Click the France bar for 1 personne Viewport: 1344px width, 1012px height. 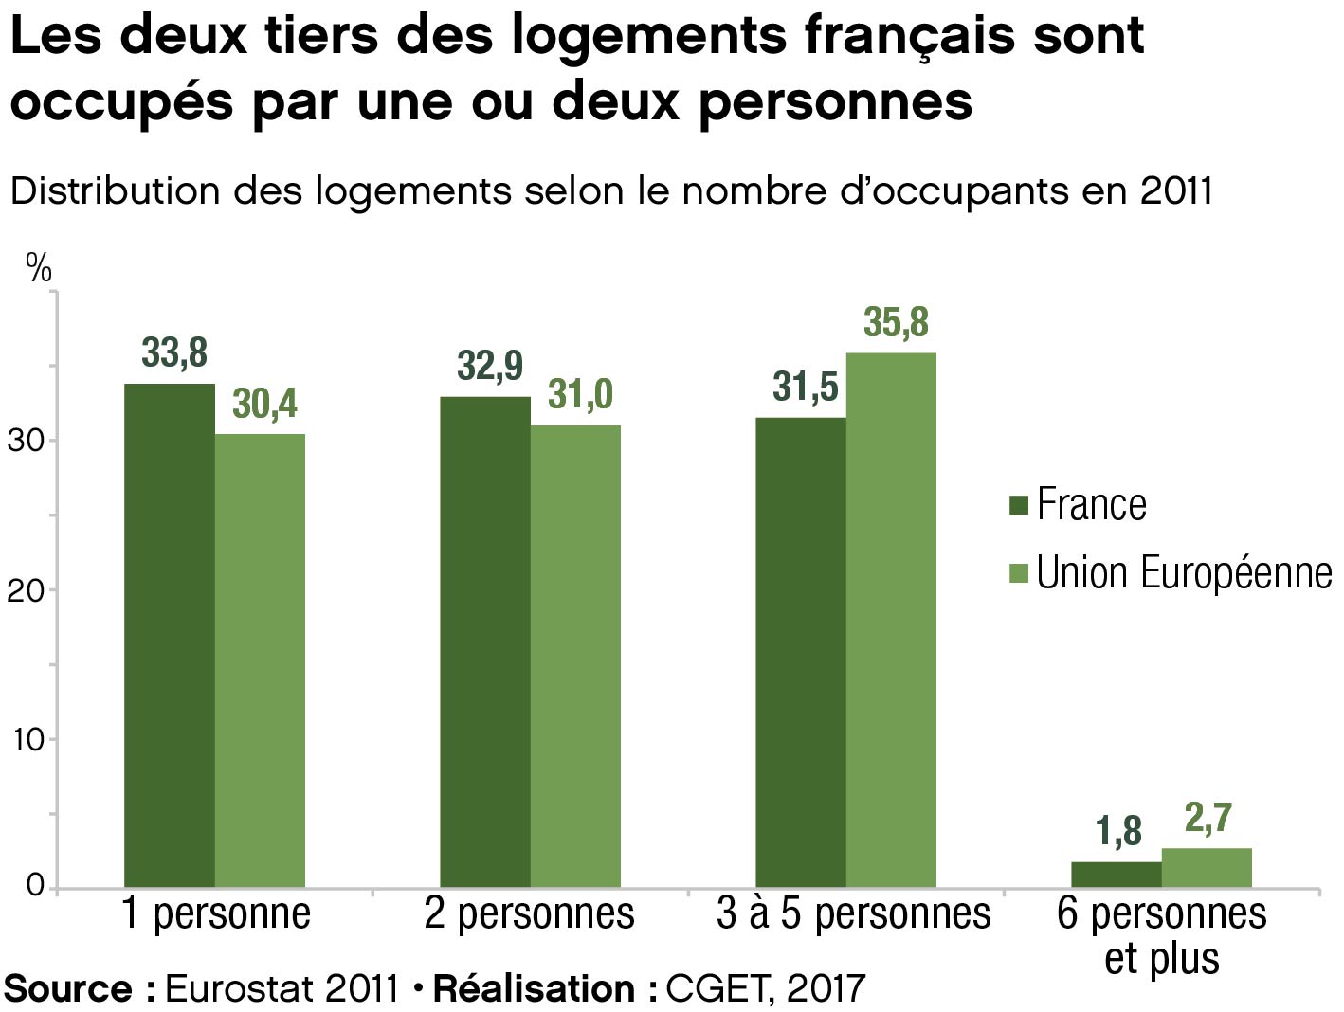[170, 635]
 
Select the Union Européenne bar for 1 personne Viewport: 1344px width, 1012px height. [260, 660]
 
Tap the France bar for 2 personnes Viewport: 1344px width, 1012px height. [485, 642]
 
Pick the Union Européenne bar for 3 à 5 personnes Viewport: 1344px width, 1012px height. [891, 620]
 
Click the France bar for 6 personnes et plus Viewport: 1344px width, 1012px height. [1117, 874]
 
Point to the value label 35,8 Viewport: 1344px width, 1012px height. [896, 323]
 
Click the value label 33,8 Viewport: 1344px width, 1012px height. [174, 352]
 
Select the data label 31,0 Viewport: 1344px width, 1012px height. [580, 394]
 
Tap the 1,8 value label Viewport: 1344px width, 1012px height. [1118, 831]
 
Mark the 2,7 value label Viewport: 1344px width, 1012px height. [1208, 817]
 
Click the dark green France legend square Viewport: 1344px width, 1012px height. [1019, 505]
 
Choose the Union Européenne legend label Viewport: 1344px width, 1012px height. [1184, 573]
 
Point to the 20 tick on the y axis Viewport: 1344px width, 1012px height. [26, 590]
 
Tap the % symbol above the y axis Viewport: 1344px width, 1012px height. [39, 268]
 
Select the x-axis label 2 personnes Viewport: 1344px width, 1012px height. [529, 913]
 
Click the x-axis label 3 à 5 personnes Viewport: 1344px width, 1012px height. [853, 913]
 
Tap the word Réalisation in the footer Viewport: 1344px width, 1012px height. [534, 988]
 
